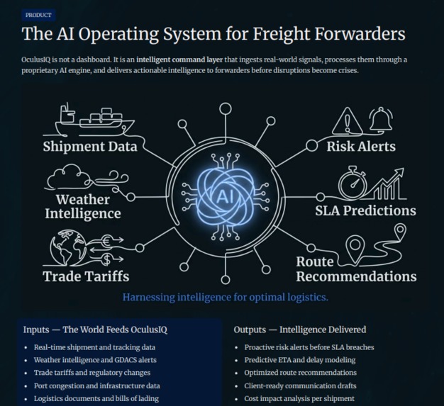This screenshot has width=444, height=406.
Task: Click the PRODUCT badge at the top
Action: [x=38, y=16]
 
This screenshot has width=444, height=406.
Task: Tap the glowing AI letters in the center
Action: [x=226, y=196]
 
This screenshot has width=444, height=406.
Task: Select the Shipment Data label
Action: [x=90, y=147]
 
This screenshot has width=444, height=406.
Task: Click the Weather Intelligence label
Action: [x=83, y=206]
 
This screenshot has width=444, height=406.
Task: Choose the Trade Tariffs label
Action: [x=86, y=276]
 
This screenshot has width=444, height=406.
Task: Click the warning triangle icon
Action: [x=347, y=121]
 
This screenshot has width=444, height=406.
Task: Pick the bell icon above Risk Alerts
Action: [x=381, y=119]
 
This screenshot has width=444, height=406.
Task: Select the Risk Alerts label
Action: [x=361, y=147]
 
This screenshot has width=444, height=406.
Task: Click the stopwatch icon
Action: [x=353, y=183]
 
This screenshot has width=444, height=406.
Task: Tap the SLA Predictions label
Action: [x=365, y=210]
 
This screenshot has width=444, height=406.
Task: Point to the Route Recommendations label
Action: [x=356, y=269]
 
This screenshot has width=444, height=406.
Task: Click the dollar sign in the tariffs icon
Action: [x=107, y=259]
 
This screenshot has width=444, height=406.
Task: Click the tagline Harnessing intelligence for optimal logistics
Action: [x=226, y=298]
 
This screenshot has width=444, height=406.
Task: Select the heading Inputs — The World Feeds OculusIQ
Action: [x=95, y=329]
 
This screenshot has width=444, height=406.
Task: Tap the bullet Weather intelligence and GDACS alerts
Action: [x=95, y=360]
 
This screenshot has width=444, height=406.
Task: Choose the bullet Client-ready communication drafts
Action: [x=301, y=385]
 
